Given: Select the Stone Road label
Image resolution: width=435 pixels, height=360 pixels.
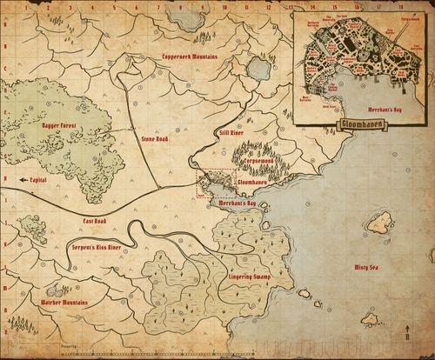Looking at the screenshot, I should tap(154, 138).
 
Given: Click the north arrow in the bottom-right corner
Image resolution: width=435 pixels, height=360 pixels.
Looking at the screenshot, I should tap(407, 332).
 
